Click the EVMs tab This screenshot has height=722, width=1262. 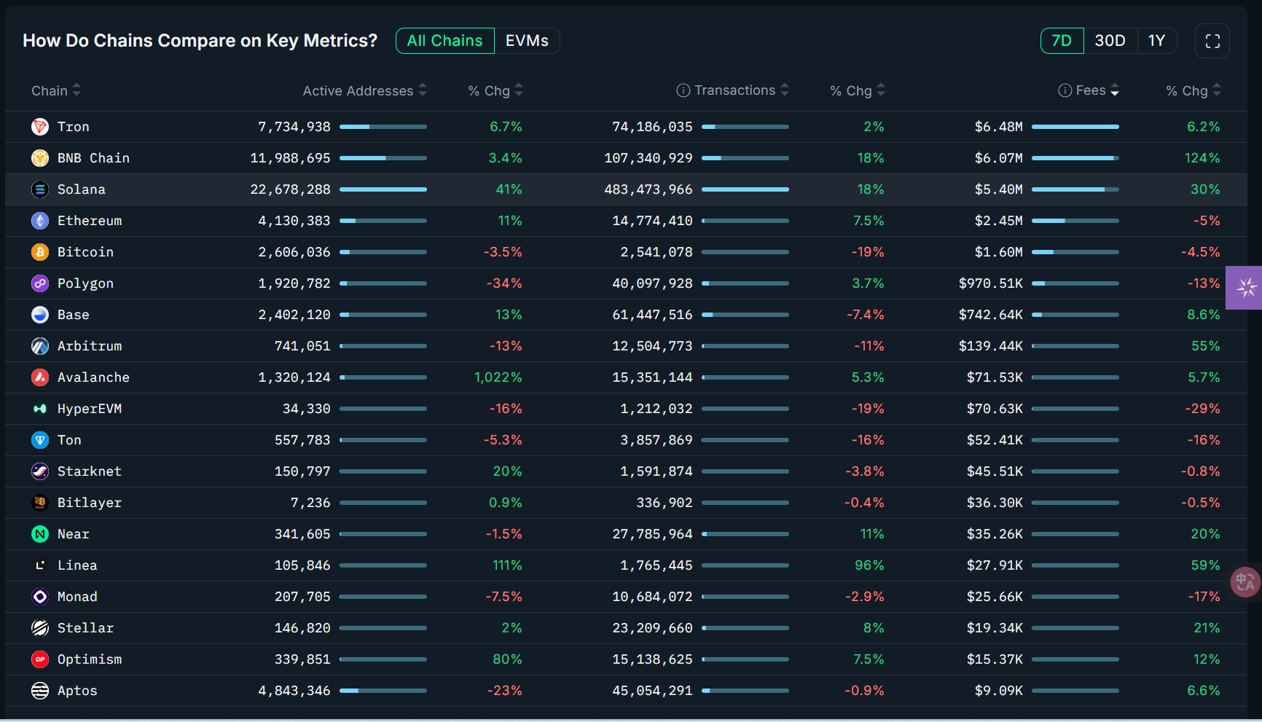(527, 41)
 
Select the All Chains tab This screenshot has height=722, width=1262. (444, 41)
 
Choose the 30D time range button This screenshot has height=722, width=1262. (1110, 41)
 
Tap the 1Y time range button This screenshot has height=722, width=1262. (1156, 41)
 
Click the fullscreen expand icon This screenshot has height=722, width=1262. (1212, 41)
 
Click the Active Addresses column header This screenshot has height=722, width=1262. (358, 90)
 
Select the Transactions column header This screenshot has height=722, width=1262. (734, 90)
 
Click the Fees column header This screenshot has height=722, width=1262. (1090, 90)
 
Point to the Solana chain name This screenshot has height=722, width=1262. (82, 189)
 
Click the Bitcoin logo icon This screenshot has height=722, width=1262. (40, 252)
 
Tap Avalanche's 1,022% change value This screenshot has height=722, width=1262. (498, 377)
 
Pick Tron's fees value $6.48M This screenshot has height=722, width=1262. (998, 127)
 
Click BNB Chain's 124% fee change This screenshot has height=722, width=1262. (1202, 158)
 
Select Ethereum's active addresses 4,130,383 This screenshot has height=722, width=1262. (294, 221)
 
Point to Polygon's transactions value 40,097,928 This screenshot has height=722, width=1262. (652, 283)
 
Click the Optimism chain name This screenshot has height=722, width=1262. (90, 659)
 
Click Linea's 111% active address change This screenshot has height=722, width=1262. (507, 565)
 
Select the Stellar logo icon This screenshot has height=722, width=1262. (40, 628)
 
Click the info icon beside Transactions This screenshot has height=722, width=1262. (683, 90)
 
